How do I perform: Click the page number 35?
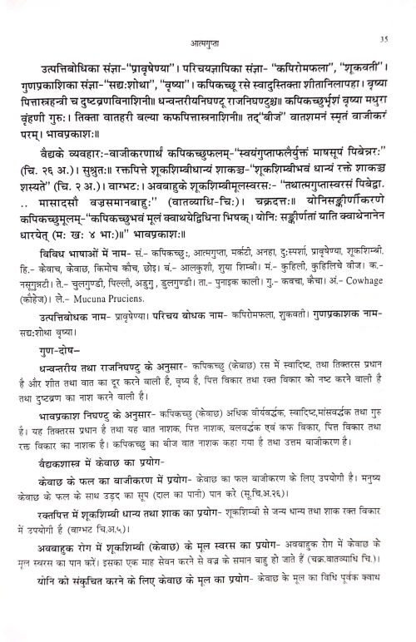coord(383,14)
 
